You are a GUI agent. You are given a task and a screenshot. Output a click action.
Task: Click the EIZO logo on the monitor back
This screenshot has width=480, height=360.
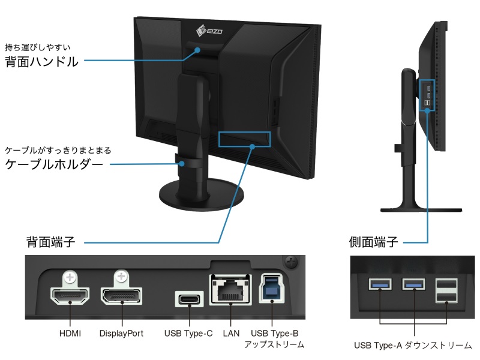tap(209, 31)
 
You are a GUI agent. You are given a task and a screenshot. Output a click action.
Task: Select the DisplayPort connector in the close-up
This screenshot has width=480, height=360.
tap(122, 295)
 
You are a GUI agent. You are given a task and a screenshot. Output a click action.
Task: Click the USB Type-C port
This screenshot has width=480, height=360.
tap(189, 298)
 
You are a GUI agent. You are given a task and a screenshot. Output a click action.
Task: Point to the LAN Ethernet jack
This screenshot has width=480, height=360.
tap(230, 290)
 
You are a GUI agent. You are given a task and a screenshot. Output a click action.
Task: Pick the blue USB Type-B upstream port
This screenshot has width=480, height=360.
tap(272, 289)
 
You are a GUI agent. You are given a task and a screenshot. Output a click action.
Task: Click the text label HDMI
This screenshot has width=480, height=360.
tap(70, 334)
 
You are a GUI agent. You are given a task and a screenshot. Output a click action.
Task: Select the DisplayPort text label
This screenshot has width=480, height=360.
tap(121, 334)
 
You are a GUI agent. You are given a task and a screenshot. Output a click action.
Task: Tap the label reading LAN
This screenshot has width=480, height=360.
tap(231, 334)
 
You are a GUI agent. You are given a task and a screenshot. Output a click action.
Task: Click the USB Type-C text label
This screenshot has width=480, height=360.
tap(188, 334)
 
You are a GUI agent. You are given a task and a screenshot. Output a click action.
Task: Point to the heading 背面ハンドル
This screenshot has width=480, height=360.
tap(42, 62)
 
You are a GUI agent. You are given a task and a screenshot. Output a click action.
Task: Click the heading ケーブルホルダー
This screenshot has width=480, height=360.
tap(54, 164)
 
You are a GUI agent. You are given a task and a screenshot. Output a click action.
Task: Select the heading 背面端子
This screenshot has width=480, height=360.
tap(51, 242)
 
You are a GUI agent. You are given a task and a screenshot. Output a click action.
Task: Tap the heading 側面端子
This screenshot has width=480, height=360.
tap(373, 242)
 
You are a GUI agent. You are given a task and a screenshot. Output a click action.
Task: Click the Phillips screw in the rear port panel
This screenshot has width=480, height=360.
tap(291, 262)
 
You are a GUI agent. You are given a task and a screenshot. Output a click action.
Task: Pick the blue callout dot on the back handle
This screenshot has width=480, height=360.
tap(198, 50)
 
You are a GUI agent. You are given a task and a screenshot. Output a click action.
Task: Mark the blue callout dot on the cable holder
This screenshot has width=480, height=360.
tap(182, 164)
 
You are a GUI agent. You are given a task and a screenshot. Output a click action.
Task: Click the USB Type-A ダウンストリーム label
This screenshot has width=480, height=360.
tap(413, 346)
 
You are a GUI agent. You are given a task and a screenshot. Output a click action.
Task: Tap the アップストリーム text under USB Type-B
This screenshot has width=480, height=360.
tap(274, 344)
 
